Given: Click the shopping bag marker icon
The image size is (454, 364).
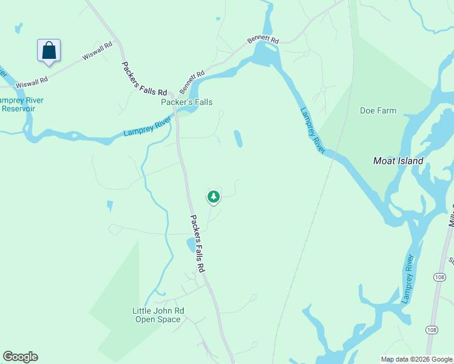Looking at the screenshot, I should coord(49,50).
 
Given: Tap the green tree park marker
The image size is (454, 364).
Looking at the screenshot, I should coord(213,197).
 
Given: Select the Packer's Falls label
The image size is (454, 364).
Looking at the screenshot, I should coord(186,103).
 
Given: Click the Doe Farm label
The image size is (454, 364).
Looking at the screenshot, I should coord(378,111).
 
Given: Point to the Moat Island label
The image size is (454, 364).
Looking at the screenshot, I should coord(398,161).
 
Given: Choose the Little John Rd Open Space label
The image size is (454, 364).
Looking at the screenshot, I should coord(158,315).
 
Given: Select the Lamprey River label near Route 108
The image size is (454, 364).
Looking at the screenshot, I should coord(408,279).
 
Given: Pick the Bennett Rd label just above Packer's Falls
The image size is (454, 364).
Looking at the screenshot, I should coord(191,81).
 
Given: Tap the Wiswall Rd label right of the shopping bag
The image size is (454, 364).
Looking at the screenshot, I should coord(98,50).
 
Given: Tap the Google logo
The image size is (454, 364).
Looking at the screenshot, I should coord(20,357).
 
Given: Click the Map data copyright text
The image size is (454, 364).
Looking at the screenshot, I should coord(416,359).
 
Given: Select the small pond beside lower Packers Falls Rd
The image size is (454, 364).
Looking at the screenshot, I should coord(191,245).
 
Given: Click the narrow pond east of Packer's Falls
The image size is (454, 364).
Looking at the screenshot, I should coord(238,138).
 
